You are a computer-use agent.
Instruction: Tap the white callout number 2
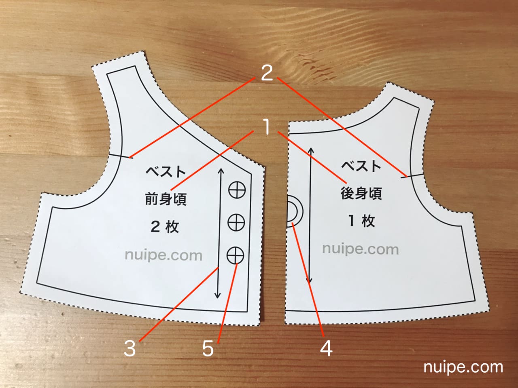[267, 73]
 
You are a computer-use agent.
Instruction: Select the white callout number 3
[130, 348]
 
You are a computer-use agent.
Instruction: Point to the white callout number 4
[326, 348]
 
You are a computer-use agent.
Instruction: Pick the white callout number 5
[208, 348]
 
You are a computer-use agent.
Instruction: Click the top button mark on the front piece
[237, 190]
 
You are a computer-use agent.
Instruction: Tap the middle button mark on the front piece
[236, 221]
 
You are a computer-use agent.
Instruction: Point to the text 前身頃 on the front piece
[166, 199]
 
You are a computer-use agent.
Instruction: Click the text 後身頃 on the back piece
[361, 193]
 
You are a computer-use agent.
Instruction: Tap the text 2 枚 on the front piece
[165, 226]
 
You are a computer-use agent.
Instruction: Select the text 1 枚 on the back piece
[362, 221]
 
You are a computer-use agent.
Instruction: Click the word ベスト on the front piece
[166, 171]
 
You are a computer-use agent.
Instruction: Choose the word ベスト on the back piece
[361, 166]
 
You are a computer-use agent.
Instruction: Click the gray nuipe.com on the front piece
[163, 255]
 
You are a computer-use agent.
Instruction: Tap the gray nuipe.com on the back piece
[360, 249]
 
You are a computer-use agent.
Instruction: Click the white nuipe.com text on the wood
[463, 367]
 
